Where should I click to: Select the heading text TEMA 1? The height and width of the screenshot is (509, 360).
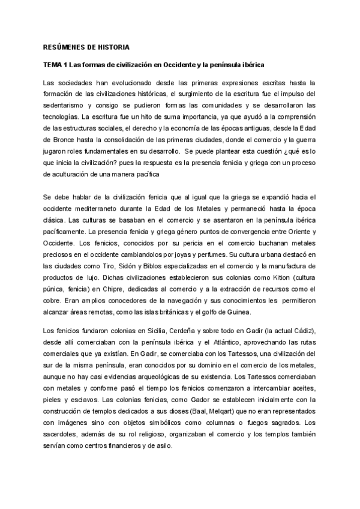click(55, 64)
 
